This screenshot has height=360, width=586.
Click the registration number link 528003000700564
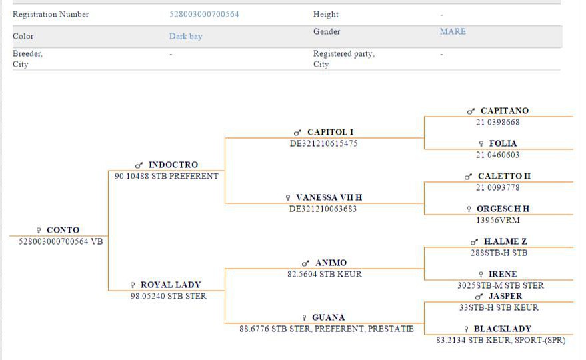coord(204,14)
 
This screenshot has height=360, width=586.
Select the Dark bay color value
coord(185,36)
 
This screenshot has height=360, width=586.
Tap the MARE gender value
coord(453,31)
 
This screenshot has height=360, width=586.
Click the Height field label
coord(325,14)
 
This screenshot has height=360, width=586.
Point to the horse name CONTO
coord(63,230)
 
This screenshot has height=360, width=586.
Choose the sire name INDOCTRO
coord(173,165)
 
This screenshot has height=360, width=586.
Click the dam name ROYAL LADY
coord(170,285)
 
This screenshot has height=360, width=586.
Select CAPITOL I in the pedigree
coord(330,132)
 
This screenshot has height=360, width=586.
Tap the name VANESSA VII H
coord(329,197)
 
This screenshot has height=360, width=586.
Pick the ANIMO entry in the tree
coord(331,263)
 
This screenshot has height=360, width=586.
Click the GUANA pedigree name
coord(328,317)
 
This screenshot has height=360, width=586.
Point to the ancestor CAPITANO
coord(504,111)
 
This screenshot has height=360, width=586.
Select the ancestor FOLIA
coord(503,143)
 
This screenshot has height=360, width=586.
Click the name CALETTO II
coord(504,176)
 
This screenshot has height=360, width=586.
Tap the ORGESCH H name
coord(503,209)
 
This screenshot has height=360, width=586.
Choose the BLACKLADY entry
coord(502,329)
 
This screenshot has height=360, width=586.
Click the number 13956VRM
coord(497,220)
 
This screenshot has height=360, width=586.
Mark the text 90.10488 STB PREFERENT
coord(166,176)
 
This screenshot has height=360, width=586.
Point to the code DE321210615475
coord(323,143)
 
